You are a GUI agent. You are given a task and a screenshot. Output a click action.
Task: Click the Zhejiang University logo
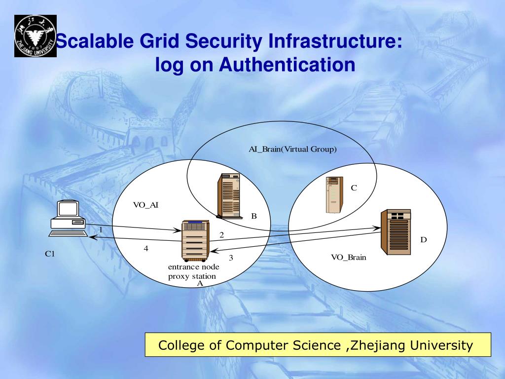35,36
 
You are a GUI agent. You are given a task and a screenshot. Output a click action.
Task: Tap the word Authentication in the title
287,65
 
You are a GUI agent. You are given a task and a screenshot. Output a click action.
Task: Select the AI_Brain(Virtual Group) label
292,149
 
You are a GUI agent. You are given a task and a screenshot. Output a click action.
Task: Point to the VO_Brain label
349,257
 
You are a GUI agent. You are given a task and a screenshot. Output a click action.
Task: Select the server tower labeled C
334,195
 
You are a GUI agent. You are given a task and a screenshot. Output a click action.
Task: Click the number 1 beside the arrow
101,229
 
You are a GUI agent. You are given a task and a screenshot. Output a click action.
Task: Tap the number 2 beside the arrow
222,235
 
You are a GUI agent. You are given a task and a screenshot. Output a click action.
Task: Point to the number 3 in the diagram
231,258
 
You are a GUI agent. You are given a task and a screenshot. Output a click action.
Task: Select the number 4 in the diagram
146,249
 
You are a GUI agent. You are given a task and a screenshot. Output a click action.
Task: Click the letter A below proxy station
200,284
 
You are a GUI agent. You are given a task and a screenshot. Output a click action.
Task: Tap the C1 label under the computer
50,254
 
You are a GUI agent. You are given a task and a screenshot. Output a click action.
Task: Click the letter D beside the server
423,240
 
